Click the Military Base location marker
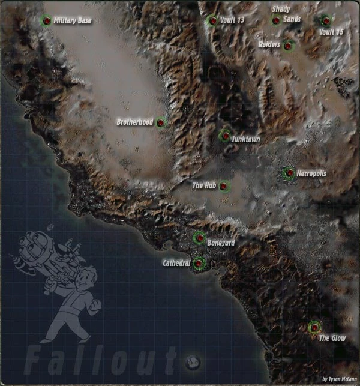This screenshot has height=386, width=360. (46, 21)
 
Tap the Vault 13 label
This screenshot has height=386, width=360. (232, 20)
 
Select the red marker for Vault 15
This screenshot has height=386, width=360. (326, 20)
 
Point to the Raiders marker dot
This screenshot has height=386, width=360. (289, 45)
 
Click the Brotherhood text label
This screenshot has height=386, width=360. (134, 122)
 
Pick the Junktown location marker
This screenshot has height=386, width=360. (225, 136)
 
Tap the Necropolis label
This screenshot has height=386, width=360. (311, 173)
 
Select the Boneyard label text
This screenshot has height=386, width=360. (221, 243)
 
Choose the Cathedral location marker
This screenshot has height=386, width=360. (199, 262)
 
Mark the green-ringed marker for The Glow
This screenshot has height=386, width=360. (314, 327)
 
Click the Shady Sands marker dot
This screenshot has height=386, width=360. (276, 21)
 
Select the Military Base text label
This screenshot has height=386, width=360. (73, 21)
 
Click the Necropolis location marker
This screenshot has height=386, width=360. (289, 173)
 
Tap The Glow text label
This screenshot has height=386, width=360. (332, 339)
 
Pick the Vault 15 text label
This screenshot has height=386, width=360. (331, 32)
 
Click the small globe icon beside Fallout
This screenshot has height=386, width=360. (193, 361)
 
